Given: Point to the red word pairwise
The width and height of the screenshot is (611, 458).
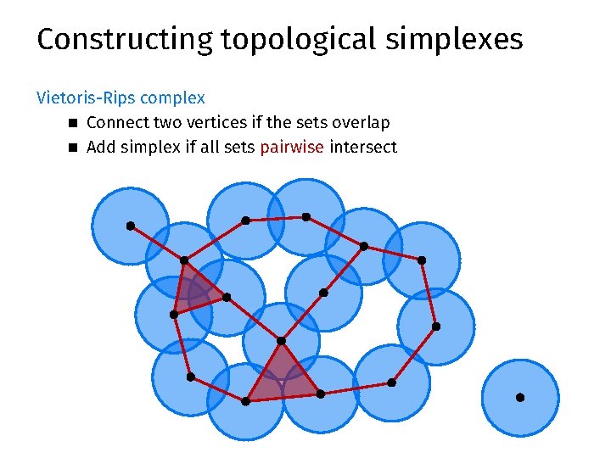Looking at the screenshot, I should (x=292, y=147).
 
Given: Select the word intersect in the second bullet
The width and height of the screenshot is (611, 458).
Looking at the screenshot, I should (x=363, y=147).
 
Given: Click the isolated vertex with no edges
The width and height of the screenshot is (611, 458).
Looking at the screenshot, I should (x=520, y=397).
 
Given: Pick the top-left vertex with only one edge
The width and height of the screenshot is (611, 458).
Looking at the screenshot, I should (x=130, y=226).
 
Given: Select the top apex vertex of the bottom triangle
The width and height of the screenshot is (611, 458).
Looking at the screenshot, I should (x=281, y=341).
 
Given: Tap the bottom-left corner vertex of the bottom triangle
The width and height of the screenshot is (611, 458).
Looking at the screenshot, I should (x=245, y=401).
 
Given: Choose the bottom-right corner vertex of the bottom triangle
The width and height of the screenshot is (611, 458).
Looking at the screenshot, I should (x=320, y=394).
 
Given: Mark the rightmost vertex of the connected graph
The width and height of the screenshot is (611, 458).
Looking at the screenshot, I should (x=436, y=326).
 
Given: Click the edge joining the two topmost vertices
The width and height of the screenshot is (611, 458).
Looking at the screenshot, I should (x=276, y=219).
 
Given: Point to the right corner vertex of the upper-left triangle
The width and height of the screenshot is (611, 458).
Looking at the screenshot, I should (x=226, y=297).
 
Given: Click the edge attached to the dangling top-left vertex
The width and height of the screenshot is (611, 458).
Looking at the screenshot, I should (x=157, y=243).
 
